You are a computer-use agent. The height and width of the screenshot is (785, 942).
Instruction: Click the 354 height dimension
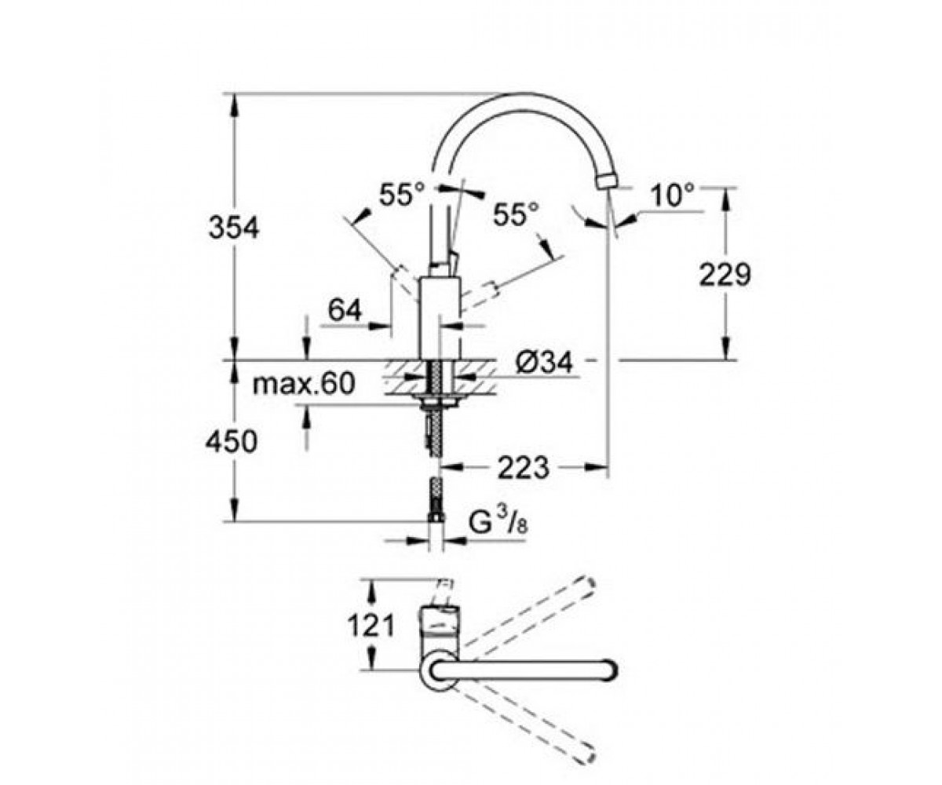(234, 228)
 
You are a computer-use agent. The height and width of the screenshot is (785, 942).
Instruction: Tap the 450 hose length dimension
(232, 440)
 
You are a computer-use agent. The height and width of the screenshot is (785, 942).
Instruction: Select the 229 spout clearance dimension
(725, 274)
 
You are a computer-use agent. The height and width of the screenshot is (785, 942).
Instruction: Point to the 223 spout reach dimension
(524, 467)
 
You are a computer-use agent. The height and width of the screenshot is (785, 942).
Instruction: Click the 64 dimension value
(345, 310)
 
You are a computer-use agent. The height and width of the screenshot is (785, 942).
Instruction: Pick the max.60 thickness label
(304, 384)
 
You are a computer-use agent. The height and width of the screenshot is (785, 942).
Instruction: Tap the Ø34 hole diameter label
(543, 362)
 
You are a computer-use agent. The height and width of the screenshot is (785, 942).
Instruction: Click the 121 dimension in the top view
(371, 626)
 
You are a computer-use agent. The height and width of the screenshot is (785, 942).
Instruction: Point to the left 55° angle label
(402, 194)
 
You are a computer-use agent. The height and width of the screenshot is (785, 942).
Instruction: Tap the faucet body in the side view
(440, 319)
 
